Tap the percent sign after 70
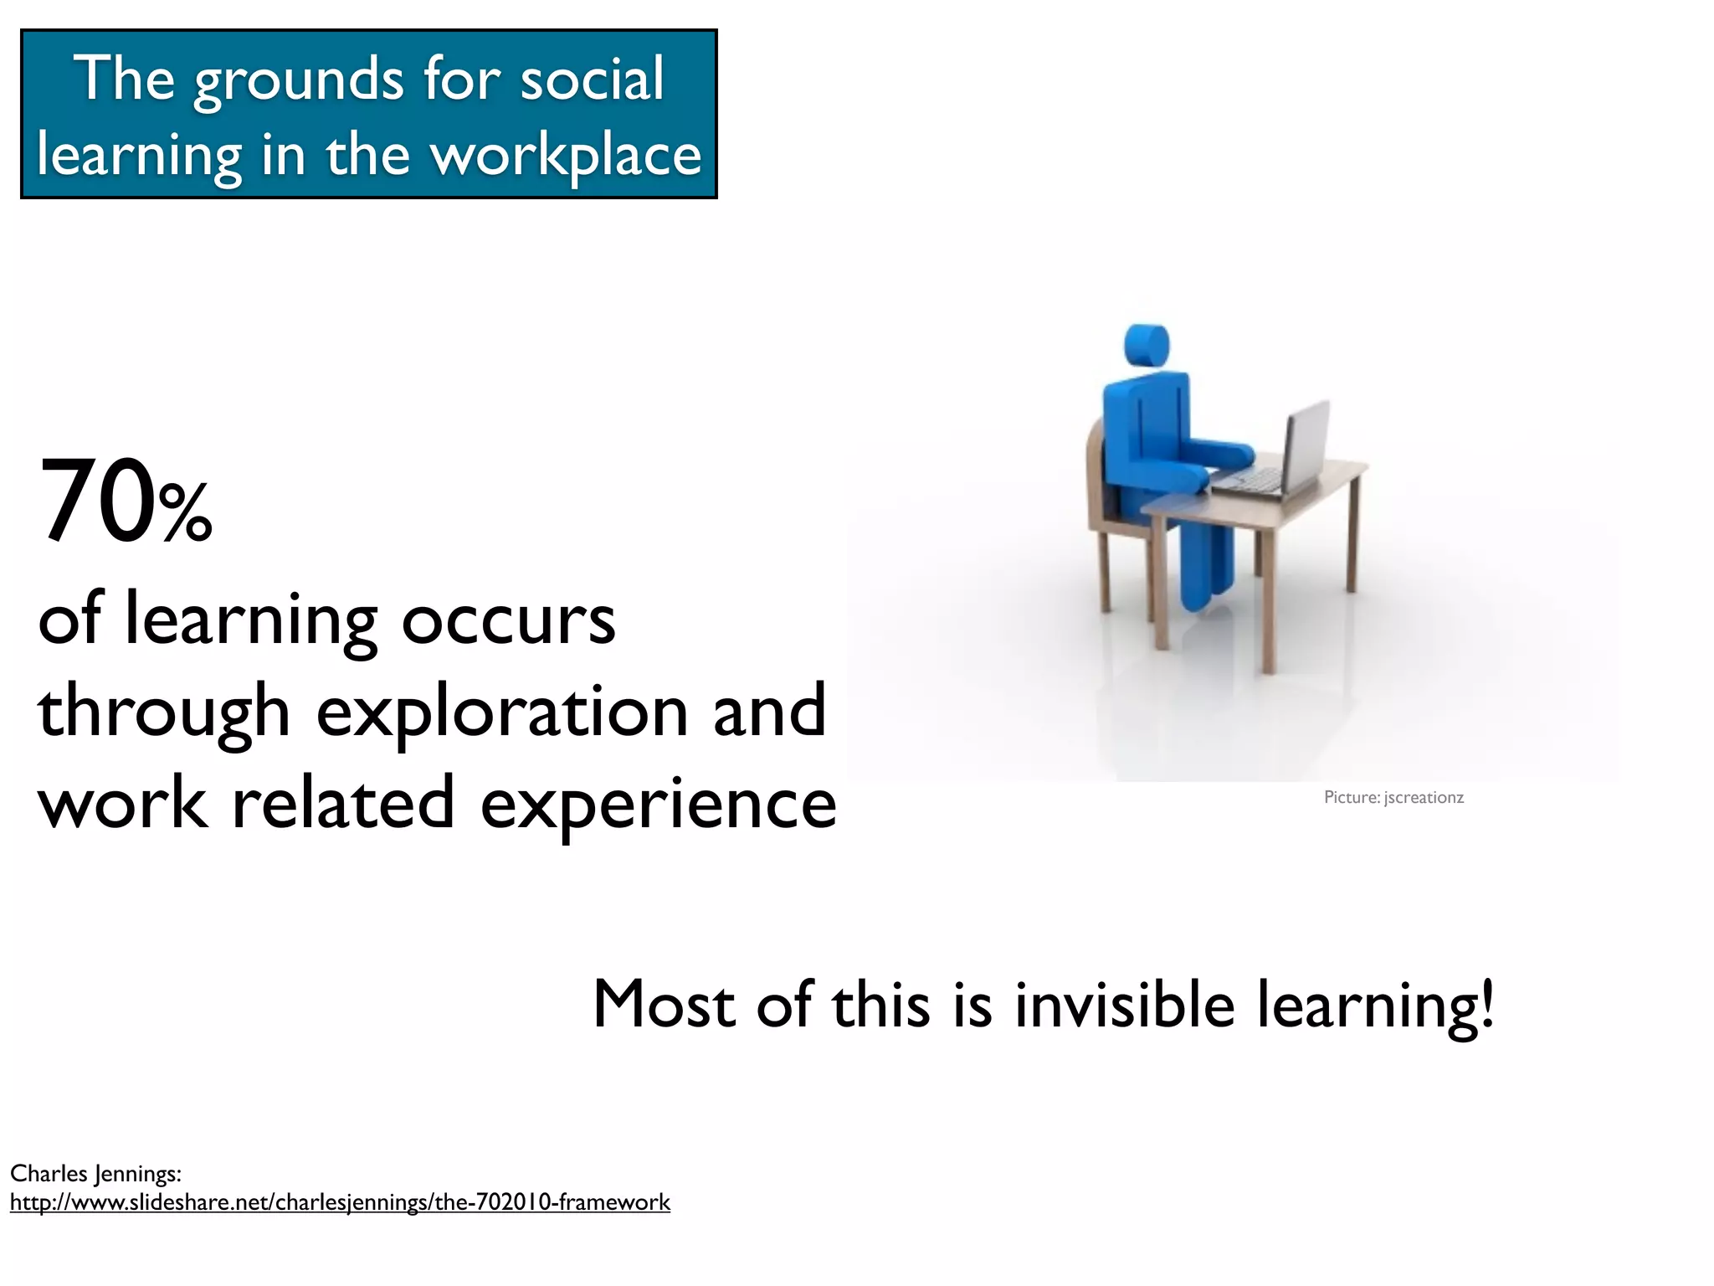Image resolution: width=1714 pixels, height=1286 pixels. [186, 513]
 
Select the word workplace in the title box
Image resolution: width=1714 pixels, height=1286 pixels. [566, 157]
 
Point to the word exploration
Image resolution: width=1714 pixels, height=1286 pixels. [501, 712]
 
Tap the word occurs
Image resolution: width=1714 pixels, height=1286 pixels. [508, 620]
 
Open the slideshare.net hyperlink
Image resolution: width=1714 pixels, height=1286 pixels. [340, 1203]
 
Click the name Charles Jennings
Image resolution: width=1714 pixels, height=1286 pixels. [95, 1174]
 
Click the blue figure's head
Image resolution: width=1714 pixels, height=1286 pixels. [1145, 344]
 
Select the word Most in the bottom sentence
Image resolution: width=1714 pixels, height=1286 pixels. [662, 1004]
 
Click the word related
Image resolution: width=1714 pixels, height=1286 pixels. [342, 804]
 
